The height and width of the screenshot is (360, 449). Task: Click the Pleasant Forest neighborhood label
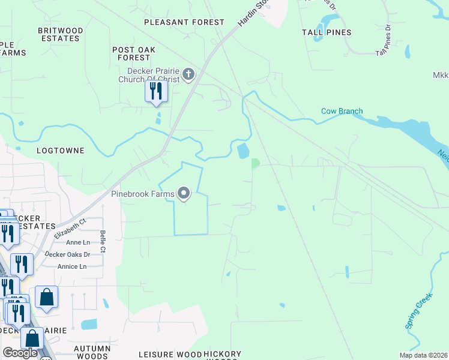point(184,22)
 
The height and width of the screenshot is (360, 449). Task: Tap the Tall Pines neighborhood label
point(327,32)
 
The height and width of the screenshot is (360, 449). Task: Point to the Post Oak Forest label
point(131,53)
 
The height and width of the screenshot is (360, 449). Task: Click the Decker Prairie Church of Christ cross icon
point(188,74)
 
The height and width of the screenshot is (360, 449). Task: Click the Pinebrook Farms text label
point(142,194)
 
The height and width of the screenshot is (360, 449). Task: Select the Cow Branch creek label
point(342,111)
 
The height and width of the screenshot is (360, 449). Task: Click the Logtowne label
point(60,150)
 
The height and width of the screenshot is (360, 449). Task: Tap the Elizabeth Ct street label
point(70,229)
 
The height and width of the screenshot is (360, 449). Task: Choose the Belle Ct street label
point(103,241)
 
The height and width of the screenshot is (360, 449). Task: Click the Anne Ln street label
point(77,242)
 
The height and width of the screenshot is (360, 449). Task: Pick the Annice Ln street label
point(73,266)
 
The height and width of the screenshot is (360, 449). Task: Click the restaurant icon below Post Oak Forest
point(156,91)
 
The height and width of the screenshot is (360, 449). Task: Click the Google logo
point(20,353)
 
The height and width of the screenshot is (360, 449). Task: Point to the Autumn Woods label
point(92,352)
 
